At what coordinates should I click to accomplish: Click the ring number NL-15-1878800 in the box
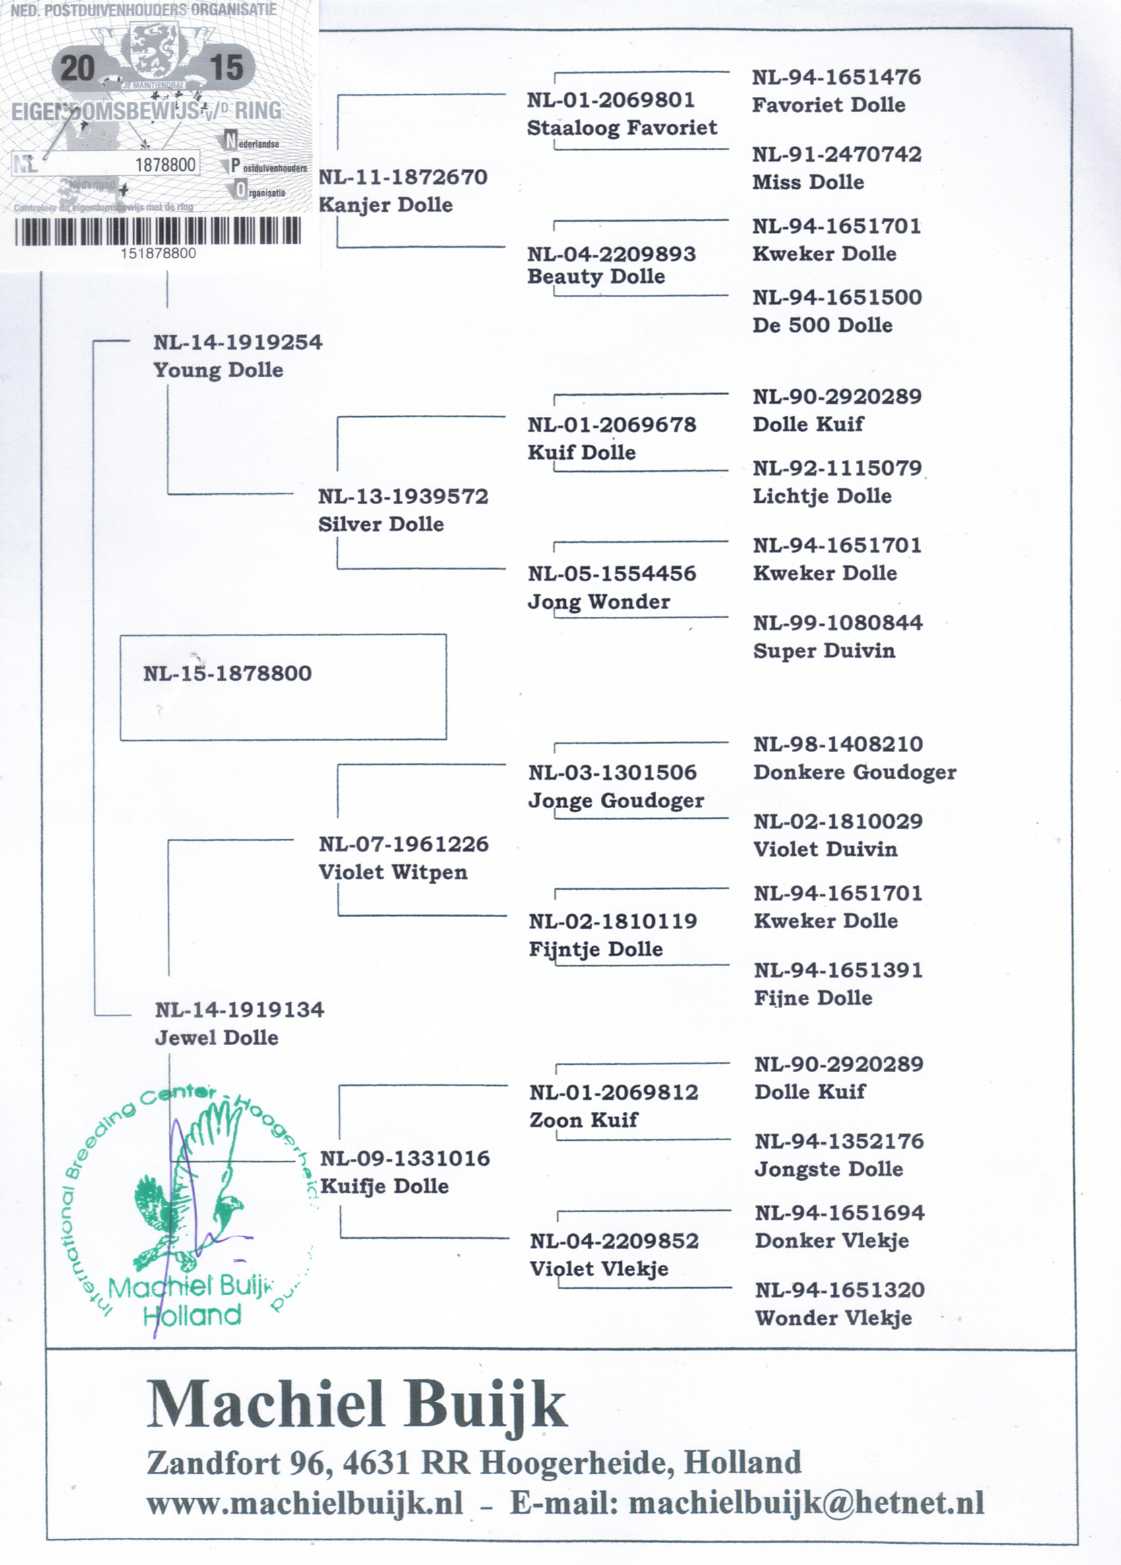[227, 674]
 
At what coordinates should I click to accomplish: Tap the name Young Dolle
[218, 371]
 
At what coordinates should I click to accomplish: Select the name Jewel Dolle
[216, 1038]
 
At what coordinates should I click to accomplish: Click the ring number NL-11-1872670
[403, 177]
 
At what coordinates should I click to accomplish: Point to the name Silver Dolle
[380, 525]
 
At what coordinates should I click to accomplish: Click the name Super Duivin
[824, 651]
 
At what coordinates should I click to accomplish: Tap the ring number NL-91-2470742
[837, 154]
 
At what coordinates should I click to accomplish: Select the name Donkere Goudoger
[855, 772]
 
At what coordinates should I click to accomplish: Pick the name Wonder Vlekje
[833, 1318]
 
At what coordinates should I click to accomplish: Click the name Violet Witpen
[392, 872]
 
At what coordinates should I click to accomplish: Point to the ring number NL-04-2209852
[614, 1241]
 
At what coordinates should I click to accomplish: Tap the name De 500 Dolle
[822, 325]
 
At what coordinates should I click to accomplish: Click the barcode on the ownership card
[158, 231]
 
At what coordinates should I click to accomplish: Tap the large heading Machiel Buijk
[357, 1405]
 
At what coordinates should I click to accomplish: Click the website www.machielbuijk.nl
[304, 1504]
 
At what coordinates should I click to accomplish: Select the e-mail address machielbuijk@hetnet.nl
[806, 1504]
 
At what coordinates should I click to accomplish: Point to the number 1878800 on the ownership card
[166, 165]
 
